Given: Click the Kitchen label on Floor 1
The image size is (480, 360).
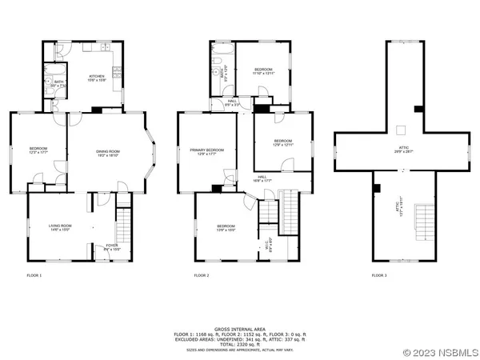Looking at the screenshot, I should [x=96, y=78].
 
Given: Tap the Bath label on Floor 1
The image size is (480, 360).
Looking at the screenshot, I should [x=58, y=82].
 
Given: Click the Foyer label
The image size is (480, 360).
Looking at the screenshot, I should [x=102, y=249].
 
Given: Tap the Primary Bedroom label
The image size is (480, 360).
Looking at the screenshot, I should [x=206, y=151].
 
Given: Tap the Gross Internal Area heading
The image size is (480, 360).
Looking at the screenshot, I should [x=241, y=329].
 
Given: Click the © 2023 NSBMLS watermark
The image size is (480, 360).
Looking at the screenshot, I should [x=441, y=351].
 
